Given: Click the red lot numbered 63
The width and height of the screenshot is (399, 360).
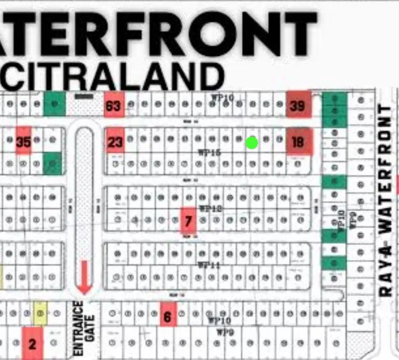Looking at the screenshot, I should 114,105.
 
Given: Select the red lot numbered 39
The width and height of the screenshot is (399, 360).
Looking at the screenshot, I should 298,105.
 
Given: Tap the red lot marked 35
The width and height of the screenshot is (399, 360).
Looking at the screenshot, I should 24,140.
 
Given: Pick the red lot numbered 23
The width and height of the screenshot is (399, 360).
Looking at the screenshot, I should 115,141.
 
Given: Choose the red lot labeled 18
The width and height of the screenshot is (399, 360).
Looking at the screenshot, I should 298,142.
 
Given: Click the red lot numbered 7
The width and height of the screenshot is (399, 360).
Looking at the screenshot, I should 188,220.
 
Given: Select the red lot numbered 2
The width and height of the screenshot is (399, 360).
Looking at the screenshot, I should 32,343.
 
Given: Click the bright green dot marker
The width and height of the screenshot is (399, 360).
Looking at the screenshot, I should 251,142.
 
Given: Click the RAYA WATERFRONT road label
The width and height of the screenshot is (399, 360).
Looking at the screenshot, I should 386,200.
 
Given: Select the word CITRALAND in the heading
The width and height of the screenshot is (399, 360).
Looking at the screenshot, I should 116,76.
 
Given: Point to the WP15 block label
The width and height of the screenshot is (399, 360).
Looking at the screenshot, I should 210,152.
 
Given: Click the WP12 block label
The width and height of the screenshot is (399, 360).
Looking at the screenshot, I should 210,208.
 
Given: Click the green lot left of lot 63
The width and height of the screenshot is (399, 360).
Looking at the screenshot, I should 55,104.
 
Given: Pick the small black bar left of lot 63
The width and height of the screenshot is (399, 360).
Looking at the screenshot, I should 84,96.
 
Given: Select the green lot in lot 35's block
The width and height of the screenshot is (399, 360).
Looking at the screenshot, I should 52,163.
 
